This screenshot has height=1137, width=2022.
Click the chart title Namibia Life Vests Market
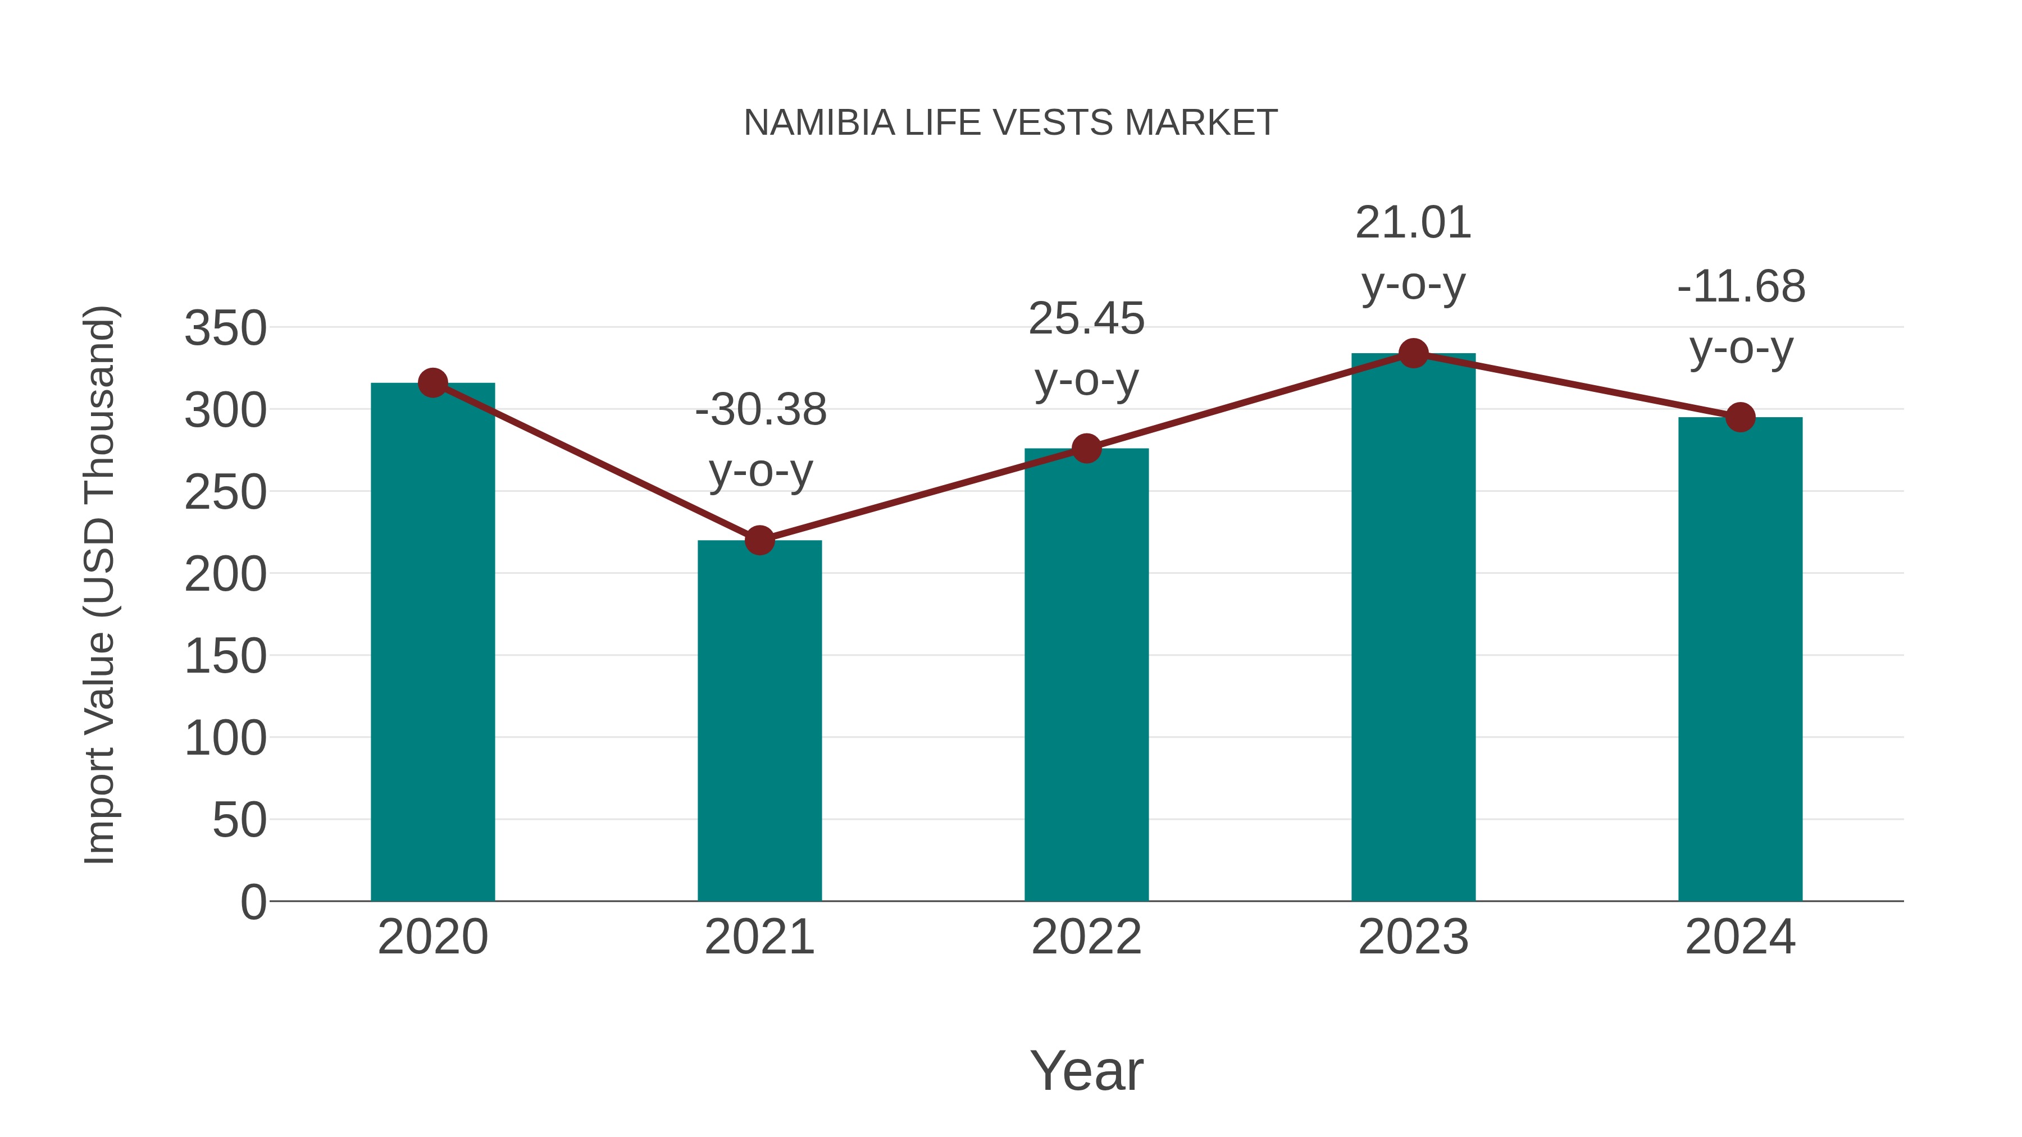(x=1010, y=123)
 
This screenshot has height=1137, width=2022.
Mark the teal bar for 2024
(x=1740, y=659)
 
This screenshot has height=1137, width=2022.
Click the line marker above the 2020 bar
(x=432, y=383)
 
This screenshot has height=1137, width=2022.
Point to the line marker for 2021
(x=759, y=540)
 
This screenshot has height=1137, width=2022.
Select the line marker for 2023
(x=1413, y=354)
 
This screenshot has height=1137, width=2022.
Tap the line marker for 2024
(x=1740, y=417)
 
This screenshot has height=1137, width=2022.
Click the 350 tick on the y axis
(x=225, y=328)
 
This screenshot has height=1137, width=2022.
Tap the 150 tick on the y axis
(x=225, y=656)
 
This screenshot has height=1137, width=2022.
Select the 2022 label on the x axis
(x=1086, y=937)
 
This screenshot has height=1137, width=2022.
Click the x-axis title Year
(x=1086, y=1070)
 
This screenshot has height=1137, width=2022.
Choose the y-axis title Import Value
(x=99, y=585)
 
